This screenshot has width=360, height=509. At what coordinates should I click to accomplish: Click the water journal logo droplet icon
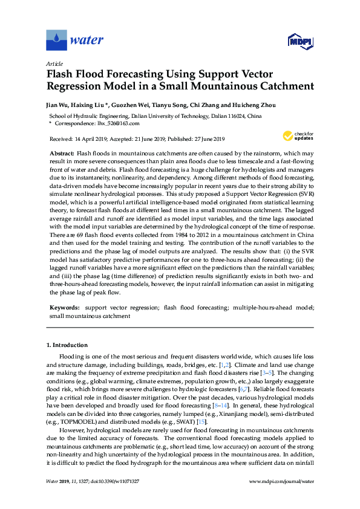pyautogui.click(x=56, y=41)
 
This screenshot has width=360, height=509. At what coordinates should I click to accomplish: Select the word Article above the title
pyautogui.click(x=55, y=63)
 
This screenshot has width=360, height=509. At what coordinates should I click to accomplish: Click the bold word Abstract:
pyautogui.click(x=62, y=154)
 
